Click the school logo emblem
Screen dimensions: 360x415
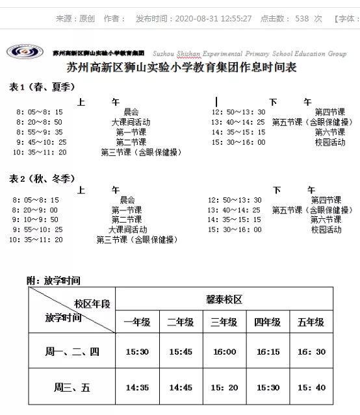tap(25, 51)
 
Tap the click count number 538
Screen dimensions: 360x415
tap(302, 19)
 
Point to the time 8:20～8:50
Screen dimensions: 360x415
tap(40, 122)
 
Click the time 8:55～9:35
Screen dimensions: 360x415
tap(40, 132)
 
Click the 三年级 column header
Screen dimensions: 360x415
tap(224, 322)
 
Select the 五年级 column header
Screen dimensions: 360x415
tap(311, 322)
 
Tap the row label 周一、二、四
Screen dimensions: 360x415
tap(71, 351)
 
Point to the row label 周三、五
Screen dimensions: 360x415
tap(71, 387)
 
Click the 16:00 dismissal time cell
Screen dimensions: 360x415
tap(224, 351)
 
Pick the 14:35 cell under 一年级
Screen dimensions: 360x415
tap(137, 387)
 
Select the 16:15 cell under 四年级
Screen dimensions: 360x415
tap(268, 351)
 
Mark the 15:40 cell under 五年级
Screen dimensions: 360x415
tap(311, 387)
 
